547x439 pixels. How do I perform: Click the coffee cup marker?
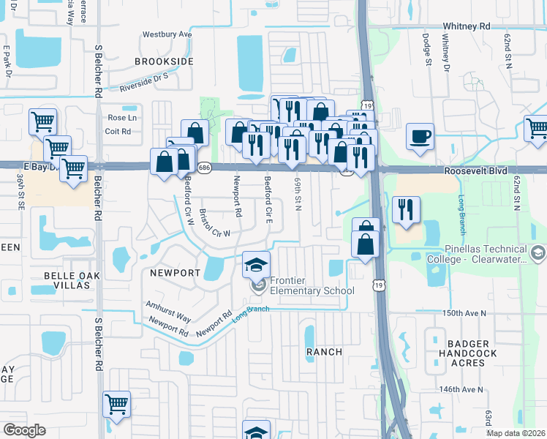[420, 137]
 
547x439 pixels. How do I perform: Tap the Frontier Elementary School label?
[312, 285]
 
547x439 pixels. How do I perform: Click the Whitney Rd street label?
[466, 26]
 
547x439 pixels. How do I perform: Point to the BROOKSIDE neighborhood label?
[165, 61]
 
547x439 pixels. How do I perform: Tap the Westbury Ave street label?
[167, 34]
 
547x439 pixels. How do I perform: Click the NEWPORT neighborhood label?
[175, 272]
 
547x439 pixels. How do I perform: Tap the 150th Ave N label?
[464, 312]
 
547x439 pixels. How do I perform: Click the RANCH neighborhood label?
[324, 352]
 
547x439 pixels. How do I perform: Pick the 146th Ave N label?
[461, 389]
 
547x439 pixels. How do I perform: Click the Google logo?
[24, 429]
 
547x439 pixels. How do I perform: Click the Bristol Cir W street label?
[215, 225]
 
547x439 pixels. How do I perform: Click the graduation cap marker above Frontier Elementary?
[257, 264]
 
